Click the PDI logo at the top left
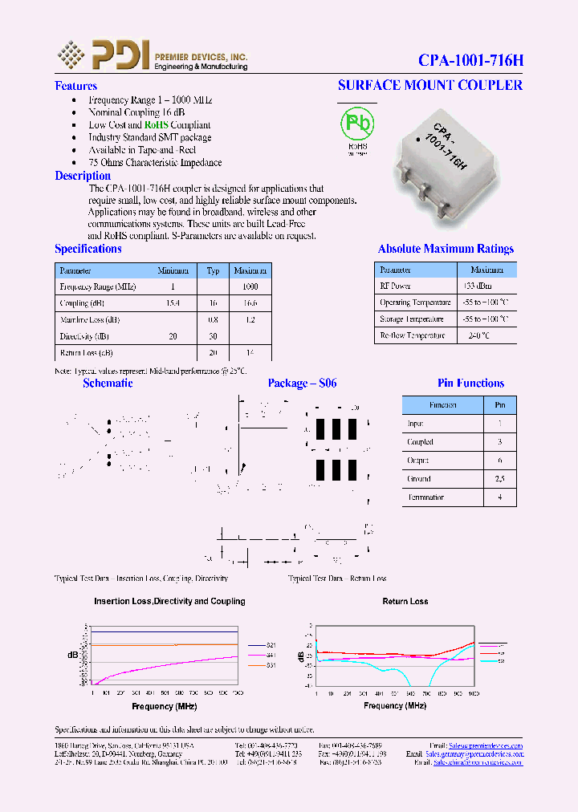pyautogui.click(x=104, y=55)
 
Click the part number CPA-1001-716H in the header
pyautogui.click(x=470, y=60)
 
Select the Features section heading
pyautogui.click(x=75, y=86)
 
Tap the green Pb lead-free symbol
pyautogui.click(x=357, y=124)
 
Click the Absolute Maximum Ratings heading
pyautogui.click(x=446, y=249)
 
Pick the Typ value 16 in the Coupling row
pyautogui.click(x=213, y=304)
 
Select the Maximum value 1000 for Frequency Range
pyautogui.click(x=250, y=286)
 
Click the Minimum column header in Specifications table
pyautogui.click(x=173, y=270)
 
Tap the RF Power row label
pyautogui.click(x=395, y=286)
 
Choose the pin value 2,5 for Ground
pyautogui.click(x=499, y=479)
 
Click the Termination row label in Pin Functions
pyautogui.click(x=425, y=497)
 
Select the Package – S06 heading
pyautogui.click(x=302, y=384)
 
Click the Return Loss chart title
pyautogui.click(x=405, y=601)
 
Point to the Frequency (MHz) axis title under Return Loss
pyautogui.click(x=394, y=705)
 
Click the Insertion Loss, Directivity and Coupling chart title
pyautogui.click(x=169, y=601)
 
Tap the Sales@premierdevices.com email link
pyautogui.click(x=486, y=746)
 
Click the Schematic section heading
pyautogui.click(x=108, y=384)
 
